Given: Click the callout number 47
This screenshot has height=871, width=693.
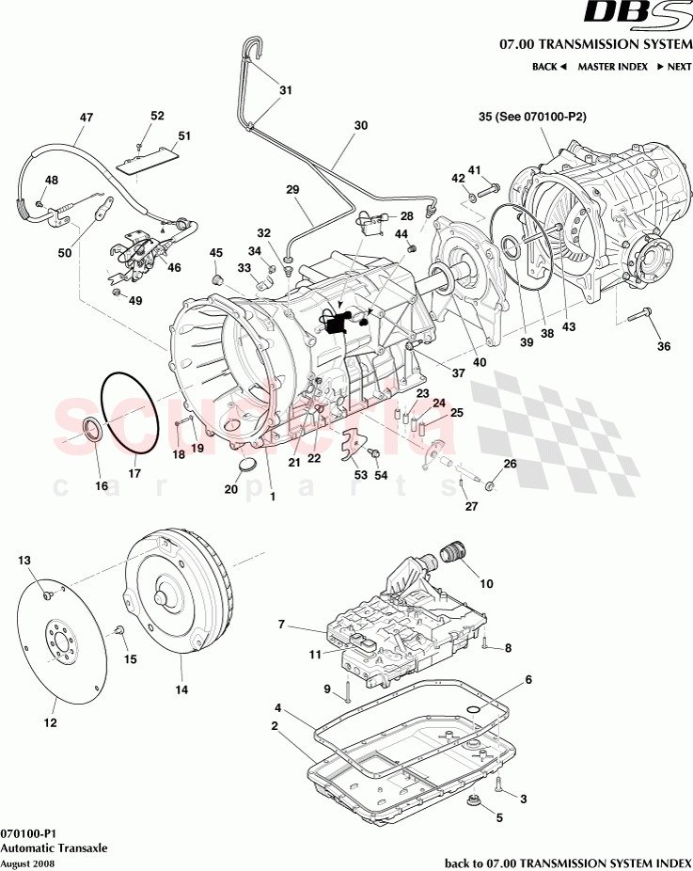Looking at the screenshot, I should tap(87, 118).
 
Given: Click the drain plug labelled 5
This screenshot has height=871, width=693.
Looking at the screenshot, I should tap(475, 801).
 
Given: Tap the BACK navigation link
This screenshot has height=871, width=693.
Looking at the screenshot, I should tap(549, 67).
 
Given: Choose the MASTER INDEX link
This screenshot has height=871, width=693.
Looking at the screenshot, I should tap(612, 67).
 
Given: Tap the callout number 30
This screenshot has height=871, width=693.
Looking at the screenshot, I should tap(361, 124).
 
